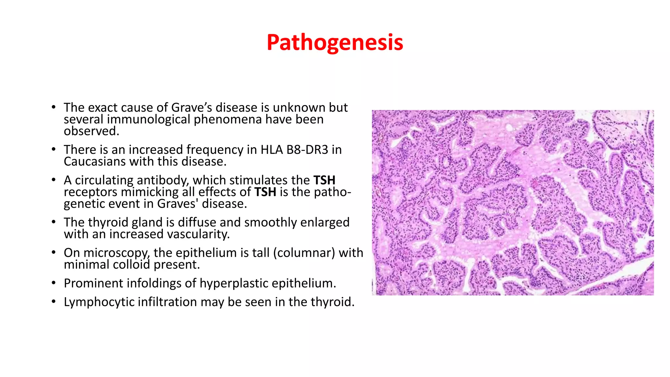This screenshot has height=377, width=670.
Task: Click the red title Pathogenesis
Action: pyautogui.click(x=335, y=43)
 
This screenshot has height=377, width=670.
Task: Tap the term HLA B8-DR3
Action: pyautogui.click(x=294, y=150)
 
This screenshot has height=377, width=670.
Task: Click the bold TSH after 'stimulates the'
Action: pyautogui.click(x=324, y=180)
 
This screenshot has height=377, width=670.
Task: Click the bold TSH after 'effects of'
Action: pyautogui.click(x=265, y=192)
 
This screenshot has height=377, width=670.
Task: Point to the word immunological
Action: pyautogui.click(x=149, y=119)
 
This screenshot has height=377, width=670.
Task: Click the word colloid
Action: pyautogui.click(x=132, y=265)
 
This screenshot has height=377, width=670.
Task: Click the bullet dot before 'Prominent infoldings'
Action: pyautogui.click(x=54, y=283)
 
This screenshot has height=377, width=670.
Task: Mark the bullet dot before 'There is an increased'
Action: pyautogui.click(x=54, y=150)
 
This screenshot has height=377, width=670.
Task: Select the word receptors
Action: pyautogui.click(x=90, y=192)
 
